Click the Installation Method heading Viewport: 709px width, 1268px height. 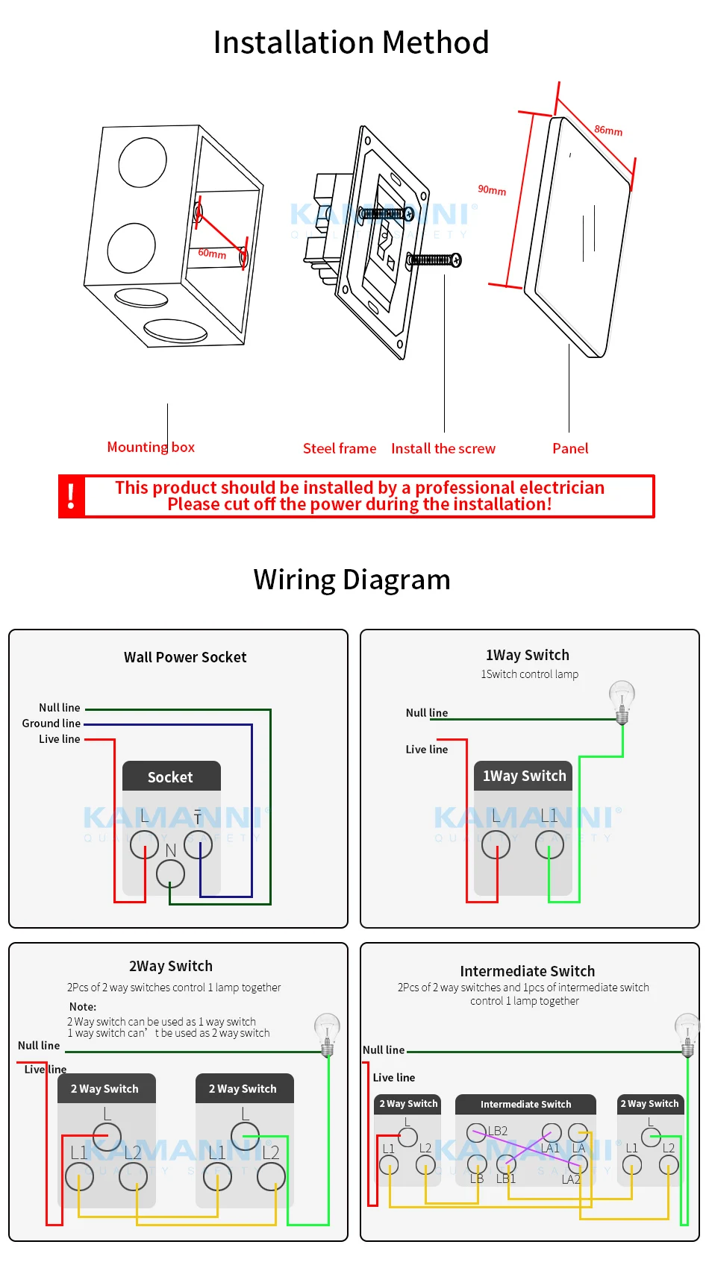351,43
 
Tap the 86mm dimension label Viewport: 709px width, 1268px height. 608,131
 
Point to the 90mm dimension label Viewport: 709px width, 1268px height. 492,190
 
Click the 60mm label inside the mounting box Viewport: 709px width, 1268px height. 212,254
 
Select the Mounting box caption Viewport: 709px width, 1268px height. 151,447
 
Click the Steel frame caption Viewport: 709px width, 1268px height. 340,448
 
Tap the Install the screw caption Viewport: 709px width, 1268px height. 443,448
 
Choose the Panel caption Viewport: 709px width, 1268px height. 570,448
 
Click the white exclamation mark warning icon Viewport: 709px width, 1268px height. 72,496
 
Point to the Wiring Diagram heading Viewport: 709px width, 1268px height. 352,580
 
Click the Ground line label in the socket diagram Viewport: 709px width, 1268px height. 51,724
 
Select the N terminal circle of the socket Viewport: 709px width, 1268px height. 170,873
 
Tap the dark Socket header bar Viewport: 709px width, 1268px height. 171,776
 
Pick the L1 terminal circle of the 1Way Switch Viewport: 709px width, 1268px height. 549,844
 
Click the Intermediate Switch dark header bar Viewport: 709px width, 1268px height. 525,1104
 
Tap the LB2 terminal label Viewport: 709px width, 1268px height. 499,1131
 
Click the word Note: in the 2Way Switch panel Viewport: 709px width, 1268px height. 83,1006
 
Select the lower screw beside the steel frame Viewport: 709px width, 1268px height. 434,260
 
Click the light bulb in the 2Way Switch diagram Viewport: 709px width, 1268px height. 327,1033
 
